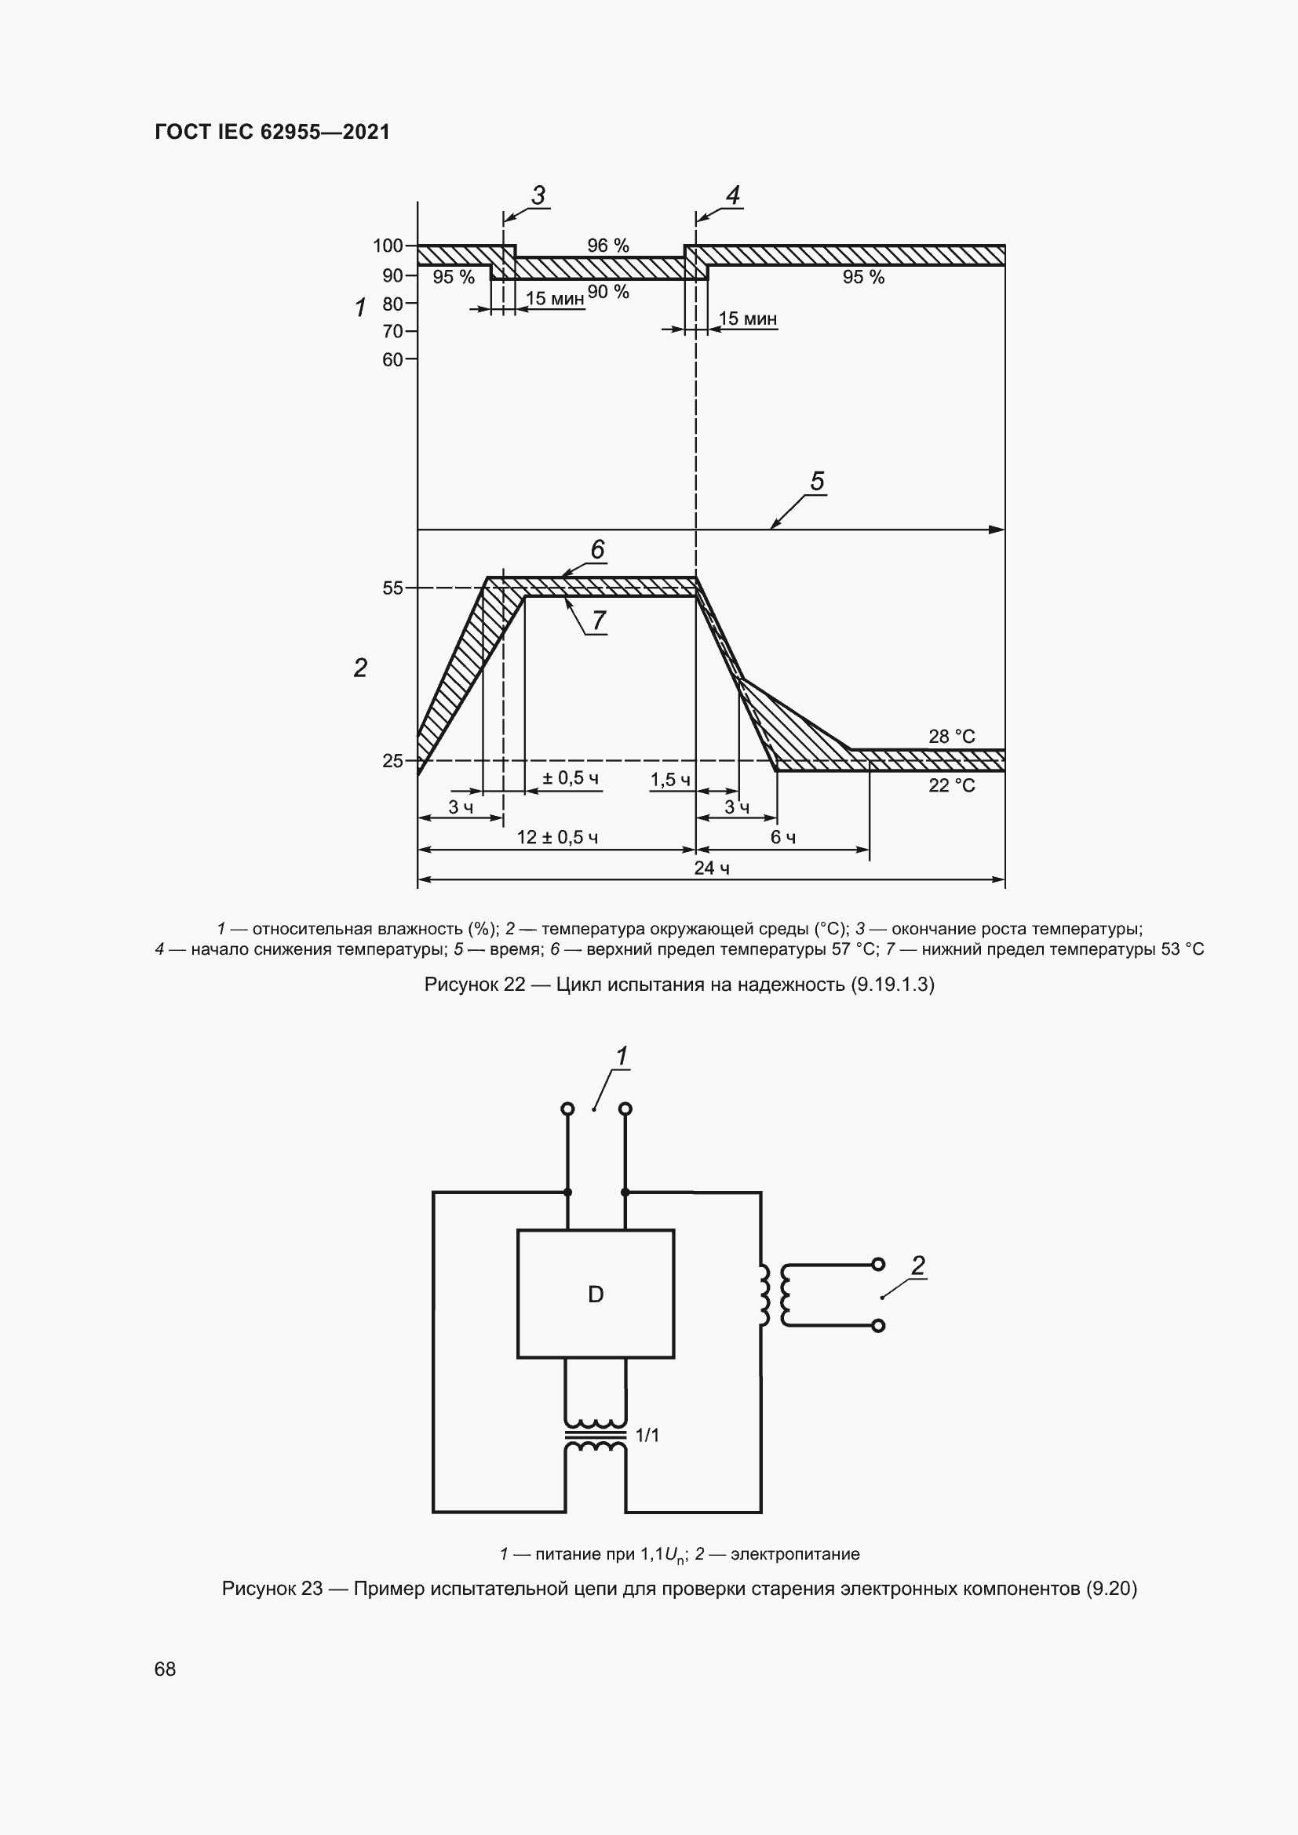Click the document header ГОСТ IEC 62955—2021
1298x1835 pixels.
pos(272,132)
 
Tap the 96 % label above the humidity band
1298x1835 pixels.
pos(607,246)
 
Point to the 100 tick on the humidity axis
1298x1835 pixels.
pos(388,246)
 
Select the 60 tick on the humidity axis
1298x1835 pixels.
pos(392,359)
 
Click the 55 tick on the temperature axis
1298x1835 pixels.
pos(392,588)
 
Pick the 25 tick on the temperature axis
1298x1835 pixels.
pos(392,761)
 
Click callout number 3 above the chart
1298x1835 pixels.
pos(538,195)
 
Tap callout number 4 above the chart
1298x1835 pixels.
pos(732,195)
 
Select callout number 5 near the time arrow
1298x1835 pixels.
pos(817,481)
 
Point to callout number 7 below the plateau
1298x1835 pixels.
pos(599,620)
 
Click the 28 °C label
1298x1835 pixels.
pos(951,736)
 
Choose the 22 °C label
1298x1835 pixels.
pos(951,785)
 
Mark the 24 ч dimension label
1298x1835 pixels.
pos(710,868)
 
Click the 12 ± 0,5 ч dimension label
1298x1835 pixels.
pos(557,838)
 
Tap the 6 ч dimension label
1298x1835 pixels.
pos(782,838)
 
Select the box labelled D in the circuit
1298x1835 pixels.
pos(596,1294)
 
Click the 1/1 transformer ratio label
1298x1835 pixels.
pos(647,1436)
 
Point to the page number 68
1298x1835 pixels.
pos(165,1669)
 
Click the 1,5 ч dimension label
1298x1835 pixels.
pos(669,780)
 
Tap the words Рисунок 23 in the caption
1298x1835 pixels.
pos(272,1588)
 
